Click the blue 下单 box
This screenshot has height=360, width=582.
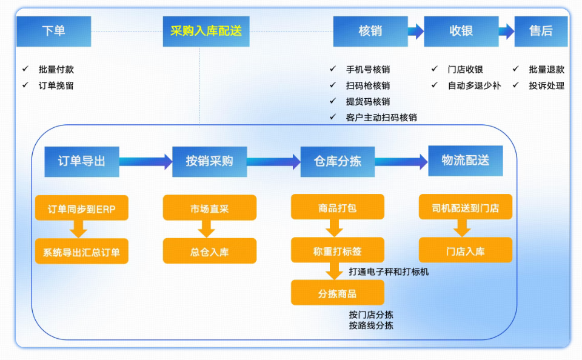[53, 32]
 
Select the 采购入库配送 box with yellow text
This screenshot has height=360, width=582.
[206, 32]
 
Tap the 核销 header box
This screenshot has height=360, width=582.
[370, 32]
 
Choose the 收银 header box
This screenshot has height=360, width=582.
[461, 32]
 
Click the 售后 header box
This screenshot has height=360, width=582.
[541, 32]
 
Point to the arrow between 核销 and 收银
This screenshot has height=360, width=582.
[415, 32]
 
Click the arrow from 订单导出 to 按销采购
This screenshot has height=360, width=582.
[145, 162]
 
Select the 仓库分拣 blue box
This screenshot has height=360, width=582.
[337, 162]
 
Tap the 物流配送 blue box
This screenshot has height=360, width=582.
[465, 161]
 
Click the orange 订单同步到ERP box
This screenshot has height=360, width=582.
[82, 210]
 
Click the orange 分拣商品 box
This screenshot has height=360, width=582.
[337, 293]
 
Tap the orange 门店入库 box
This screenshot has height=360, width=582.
[465, 251]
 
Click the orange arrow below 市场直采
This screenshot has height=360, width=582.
[207, 229]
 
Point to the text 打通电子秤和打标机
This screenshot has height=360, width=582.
[389, 272]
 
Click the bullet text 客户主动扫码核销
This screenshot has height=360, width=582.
[381, 118]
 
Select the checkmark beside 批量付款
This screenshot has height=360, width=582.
[25, 70]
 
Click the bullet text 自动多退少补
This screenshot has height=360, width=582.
[474, 85]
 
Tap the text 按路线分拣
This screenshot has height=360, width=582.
[371, 325]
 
